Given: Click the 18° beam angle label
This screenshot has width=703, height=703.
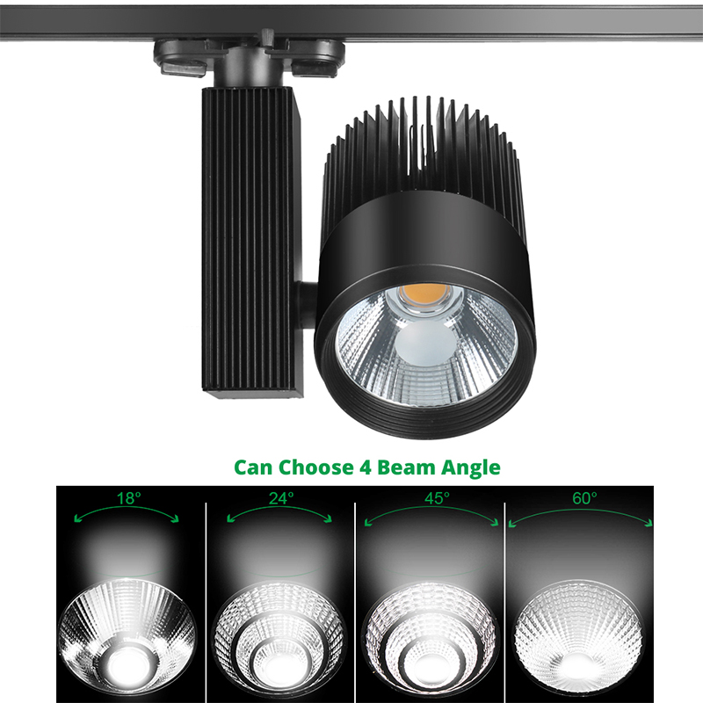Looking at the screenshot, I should pyautogui.click(x=128, y=498).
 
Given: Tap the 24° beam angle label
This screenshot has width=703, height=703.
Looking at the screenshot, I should pyautogui.click(x=281, y=497).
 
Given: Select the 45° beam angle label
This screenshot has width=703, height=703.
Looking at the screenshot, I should pyautogui.click(x=436, y=497).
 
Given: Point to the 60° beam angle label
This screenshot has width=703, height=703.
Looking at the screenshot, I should pyautogui.click(x=583, y=497).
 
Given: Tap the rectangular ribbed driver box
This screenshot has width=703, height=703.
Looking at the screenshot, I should pyautogui.click(x=251, y=237).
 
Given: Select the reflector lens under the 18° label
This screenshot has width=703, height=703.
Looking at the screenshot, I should pyautogui.click(x=127, y=628).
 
